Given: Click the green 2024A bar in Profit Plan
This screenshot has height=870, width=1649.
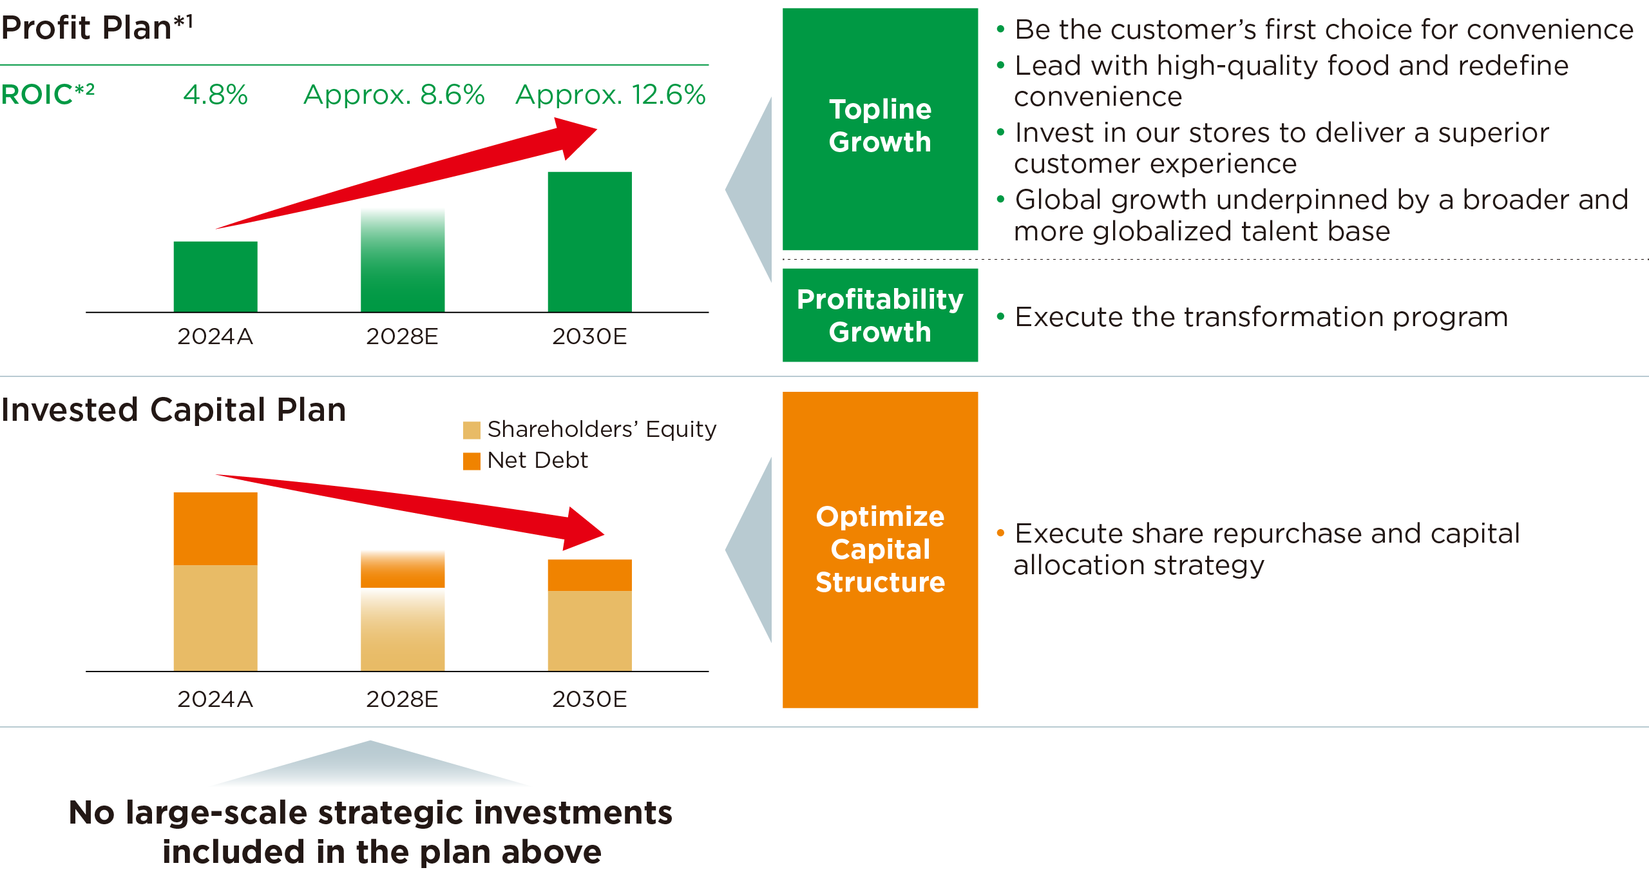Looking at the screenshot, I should tap(215, 277).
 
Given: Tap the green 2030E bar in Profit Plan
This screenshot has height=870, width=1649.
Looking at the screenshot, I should tap(589, 242).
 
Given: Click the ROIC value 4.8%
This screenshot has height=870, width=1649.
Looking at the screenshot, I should tap(215, 95).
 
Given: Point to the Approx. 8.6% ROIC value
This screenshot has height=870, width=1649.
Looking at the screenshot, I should tap(394, 95).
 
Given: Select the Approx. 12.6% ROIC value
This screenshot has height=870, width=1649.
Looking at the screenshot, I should tap(610, 95).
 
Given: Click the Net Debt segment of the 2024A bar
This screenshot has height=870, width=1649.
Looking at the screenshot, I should tap(215, 528).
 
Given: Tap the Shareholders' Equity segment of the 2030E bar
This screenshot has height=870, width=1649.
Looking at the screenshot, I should tap(589, 630).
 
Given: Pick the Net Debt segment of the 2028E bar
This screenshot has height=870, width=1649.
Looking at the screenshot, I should tap(403, 571).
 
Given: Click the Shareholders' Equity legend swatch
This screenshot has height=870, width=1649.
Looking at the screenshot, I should tap(472, 430).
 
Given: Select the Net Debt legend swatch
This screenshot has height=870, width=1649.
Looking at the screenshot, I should tap(472, 461).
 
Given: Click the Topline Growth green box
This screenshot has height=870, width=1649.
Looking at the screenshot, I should tap(880, 128).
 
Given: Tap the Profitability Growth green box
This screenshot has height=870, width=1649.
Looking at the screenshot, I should tap(880, 315).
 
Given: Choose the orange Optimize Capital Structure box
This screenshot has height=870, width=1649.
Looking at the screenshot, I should tap(880, 549).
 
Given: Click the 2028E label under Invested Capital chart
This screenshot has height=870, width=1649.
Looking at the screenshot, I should tap(402, 699).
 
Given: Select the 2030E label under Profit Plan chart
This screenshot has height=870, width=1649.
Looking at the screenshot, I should tap(589, 336).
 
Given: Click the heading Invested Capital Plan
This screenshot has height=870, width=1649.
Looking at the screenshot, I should tap(173, 410).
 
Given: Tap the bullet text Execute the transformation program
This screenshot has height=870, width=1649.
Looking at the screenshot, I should tap(1261, 317).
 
